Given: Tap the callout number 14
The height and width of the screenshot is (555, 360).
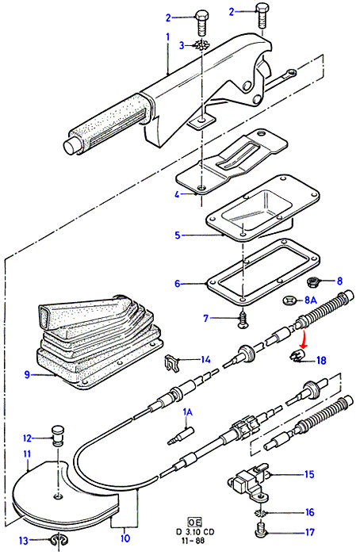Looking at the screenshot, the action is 205,360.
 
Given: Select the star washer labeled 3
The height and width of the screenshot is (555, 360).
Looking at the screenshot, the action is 203,45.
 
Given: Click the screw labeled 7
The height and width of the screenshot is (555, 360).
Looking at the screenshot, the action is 243,320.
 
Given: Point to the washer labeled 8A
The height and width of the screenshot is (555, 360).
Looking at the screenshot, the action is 290,300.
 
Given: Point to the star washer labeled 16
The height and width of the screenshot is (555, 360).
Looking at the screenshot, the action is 261,512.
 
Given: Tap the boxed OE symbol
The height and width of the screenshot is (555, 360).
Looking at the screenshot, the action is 194,522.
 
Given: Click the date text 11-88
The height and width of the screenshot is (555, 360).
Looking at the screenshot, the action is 193,542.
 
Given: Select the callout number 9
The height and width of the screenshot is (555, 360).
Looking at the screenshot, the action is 27,374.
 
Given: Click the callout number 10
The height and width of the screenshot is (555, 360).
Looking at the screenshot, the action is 125,538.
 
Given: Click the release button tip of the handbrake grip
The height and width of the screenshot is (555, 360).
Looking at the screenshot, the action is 70,146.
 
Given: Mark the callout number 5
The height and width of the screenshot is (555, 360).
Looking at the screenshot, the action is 178,235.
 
